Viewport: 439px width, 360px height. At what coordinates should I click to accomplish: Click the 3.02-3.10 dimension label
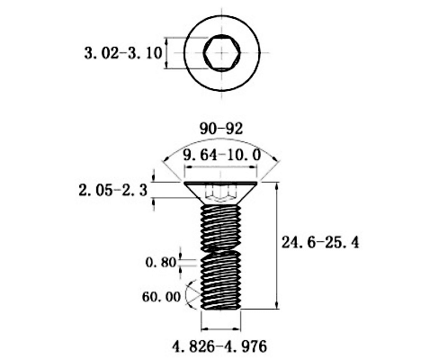point(123,53)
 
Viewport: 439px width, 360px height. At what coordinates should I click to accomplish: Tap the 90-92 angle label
point(221,129)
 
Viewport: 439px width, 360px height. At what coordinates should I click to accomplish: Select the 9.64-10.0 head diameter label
point(222,155)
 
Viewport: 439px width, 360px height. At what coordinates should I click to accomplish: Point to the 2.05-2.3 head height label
point(113,190)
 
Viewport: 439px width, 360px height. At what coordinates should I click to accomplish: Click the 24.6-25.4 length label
point(320,242)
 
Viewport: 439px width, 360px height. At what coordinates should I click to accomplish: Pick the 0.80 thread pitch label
point(161,263)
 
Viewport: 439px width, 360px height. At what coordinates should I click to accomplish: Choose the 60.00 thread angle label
point(161,297)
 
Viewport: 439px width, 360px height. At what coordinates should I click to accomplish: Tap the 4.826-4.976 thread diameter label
point(219,346)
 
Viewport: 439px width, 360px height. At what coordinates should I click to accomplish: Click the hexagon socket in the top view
point(222,53)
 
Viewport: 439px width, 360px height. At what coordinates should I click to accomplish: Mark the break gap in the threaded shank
point(220,248)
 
